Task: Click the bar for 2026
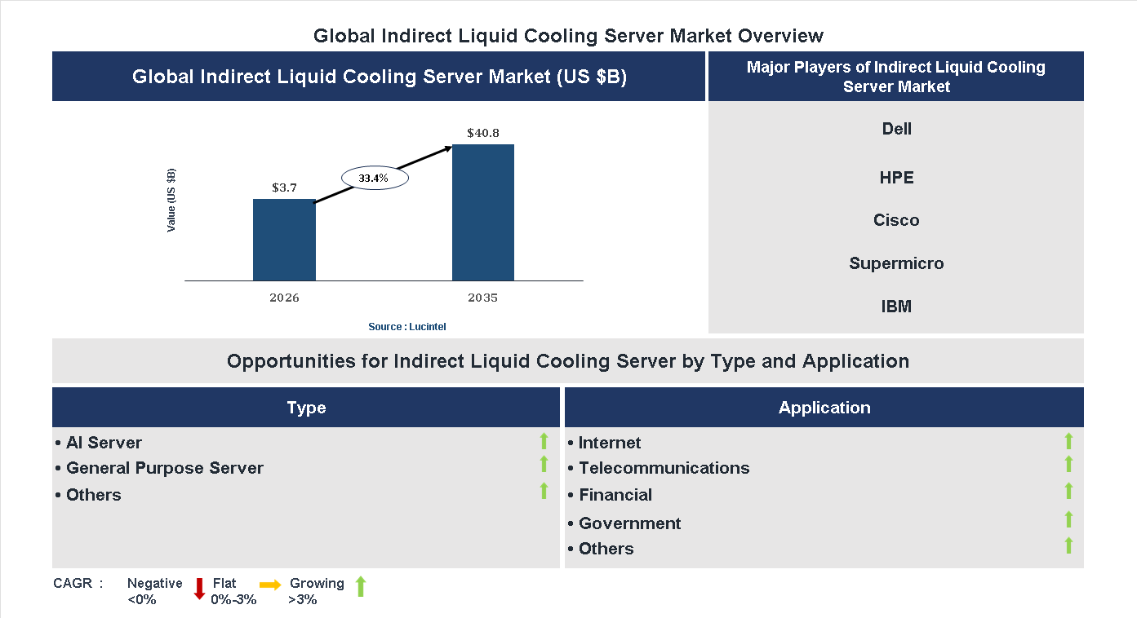pyautogui.click(x=284, y=240)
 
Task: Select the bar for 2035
pyautogui.click(x=483, y=213)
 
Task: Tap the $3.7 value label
pyautogui.click(x=284, y=188)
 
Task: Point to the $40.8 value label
pyautogui.click(x=483, y=132)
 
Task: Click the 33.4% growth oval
pyautogui.click(x=375, y=178)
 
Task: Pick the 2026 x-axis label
pyautogui.click(x=284, y=298)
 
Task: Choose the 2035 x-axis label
pyautogui.click(x=483, y=298)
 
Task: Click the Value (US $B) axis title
pyautogui.click(x=171, y=201)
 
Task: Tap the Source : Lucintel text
pyautogui.click(x=406, y=327)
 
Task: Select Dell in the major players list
pyautogui.click(x=896, y=129)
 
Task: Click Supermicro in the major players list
pyautogui.click(x=896, y=263)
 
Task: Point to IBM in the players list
pyautogui.click(x=896, y=307)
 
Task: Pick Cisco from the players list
pyautogui.click(x=896, y=220)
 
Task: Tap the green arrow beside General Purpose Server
pyautogui.click(x=544, y=464)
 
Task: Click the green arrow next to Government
pyautogui.click(x=1068, y=519)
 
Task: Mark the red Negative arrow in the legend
pyautogui.click(x=199, y=589)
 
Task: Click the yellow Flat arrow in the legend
pyautogui.click(x=270, y=585)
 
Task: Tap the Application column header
pyautogui.click(x=824, y=408)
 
